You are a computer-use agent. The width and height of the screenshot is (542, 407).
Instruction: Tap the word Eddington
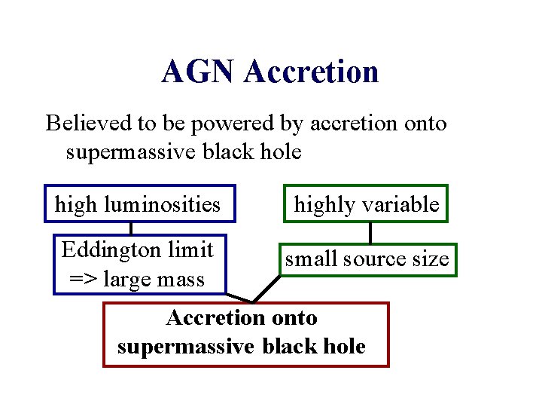click(x=106, y=249)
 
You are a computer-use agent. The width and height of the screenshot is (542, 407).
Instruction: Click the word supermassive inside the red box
click(x=186, y=347)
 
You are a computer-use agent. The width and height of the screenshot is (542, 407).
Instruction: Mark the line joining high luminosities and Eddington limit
click(x=132, y=228)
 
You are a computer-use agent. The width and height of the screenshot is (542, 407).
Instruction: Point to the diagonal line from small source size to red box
click(x=267, y=288)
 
